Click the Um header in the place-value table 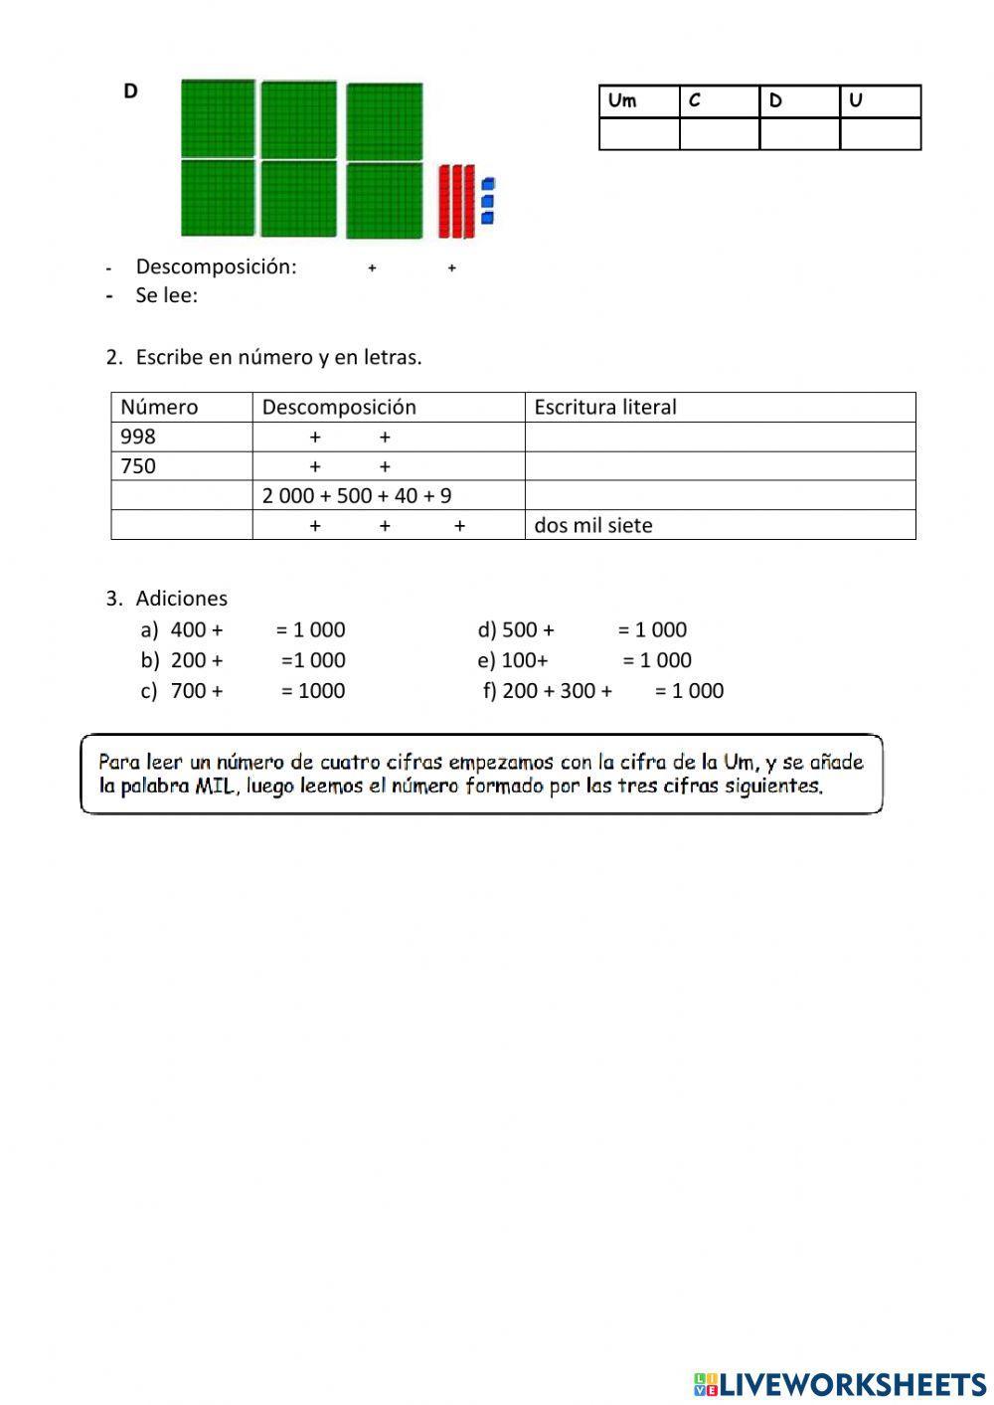622,100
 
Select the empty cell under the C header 719,133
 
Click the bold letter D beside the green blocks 130,91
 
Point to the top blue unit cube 488,184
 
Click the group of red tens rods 456,202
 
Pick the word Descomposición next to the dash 216,266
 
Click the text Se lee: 166,295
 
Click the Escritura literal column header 604,407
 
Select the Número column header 159,407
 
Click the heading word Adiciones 181,599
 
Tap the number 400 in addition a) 187,629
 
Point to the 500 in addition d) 519,629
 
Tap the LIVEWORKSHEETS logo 840,1383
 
